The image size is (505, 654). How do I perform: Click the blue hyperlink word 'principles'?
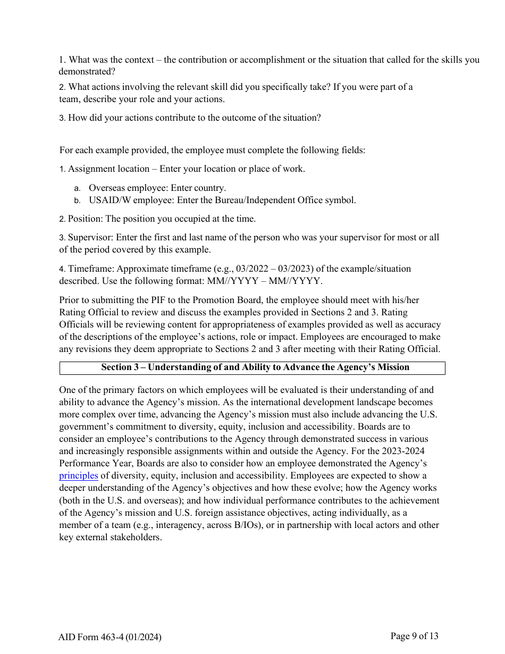(x=78, y=476)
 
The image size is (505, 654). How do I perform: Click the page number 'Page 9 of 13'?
(x=414, y=636)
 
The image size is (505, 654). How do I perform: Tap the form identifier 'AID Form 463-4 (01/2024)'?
(x=110, y=637)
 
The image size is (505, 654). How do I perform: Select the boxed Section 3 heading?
(x=252, y=367)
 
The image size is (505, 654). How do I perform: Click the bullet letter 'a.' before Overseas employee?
(x=77, y=188)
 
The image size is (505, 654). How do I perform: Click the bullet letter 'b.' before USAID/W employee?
(x=77, y=201)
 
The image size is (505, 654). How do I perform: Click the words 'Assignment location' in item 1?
(x=108, y=169)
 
